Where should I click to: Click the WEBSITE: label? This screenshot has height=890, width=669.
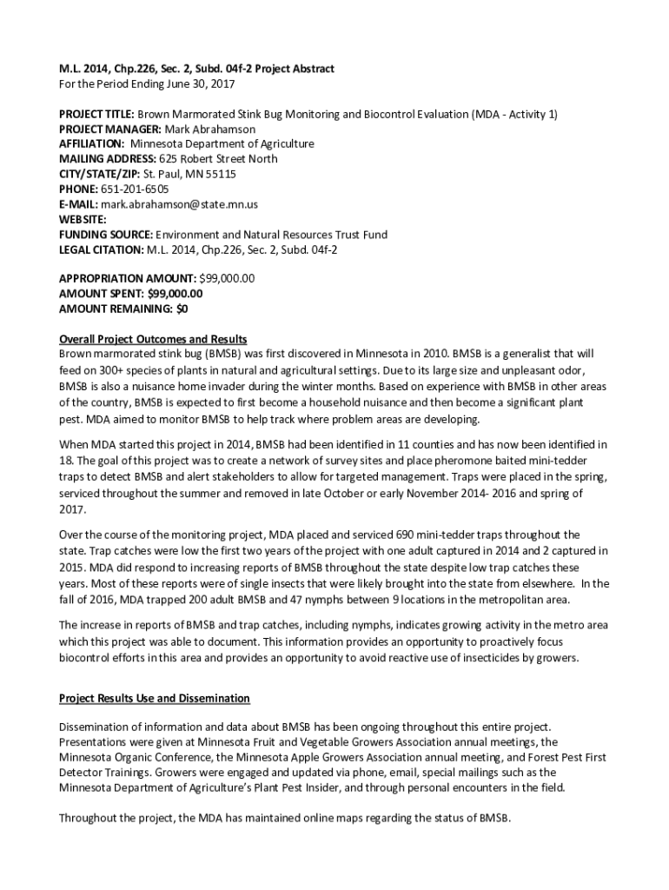(x=83, y=220)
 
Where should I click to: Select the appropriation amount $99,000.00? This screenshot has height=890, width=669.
(x=227, y=278)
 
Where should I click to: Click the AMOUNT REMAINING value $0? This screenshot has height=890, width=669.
(x=182, y=309)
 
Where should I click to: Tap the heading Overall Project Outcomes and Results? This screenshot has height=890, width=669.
(x=153, y=339)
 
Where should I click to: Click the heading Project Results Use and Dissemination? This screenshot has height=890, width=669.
(x=154, y=698)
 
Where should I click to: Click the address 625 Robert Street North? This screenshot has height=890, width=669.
(x=218, y=159)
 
